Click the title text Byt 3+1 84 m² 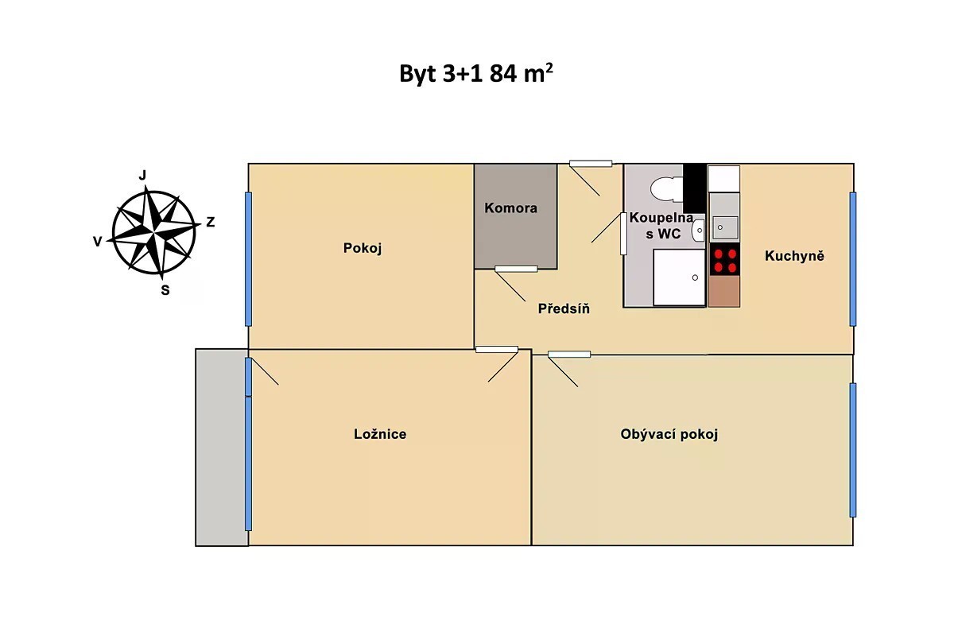[x=475, y=74]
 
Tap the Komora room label [x=510, y=207]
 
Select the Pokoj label [x=363, y=248]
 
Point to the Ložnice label [x=380, y=433]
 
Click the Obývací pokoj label [x=669, y=434]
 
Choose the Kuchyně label [x=794, y=256]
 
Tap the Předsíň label [x=564, y=308]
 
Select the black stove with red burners [x=724, y=259]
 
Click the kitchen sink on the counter [x=724, y=227]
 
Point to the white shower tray [x=679, y=277]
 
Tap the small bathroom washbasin [x=699, y=231]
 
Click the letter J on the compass [x=142, y=176]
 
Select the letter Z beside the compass [x=211, y=222]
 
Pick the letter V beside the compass [x=98, y=242]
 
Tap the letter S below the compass [x=165, y=290]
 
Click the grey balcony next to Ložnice [x=222, y=448]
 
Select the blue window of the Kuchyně [x=852, y=259]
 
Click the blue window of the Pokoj [x=248, y=259]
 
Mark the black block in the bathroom [x=695, y=188]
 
